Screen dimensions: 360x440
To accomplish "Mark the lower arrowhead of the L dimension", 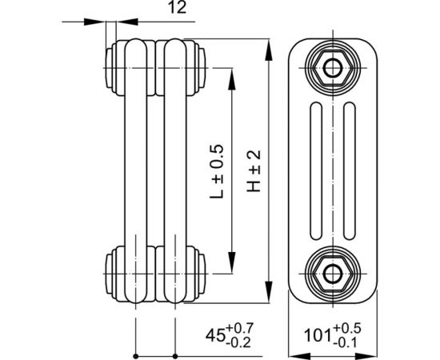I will point(233,267).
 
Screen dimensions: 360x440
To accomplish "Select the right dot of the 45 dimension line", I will point(174,354).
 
